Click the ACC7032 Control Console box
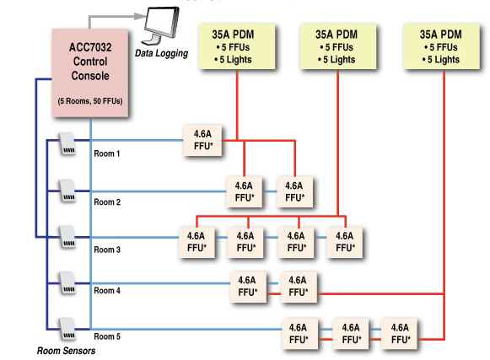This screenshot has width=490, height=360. (x=90, y=73)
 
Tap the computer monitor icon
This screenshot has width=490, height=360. (x=161, y=25)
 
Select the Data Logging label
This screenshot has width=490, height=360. (x=161, y=53)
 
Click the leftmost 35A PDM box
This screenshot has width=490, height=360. (x=237, y=46)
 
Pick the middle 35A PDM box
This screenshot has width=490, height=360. (x=338, y=46)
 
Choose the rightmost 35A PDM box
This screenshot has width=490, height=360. (x=442, y=46)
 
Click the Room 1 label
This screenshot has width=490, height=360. (x=107, y=153)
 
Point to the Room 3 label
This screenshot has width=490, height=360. (x=107, y=250)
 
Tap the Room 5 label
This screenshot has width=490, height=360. (x=107, y=336)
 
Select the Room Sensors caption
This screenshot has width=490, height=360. (x=67, y=351)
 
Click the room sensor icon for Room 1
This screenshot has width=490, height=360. (x=67, y=144)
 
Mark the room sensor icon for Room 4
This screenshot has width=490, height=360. (x=67, y=283)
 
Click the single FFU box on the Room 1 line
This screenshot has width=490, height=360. (x=202, y=140)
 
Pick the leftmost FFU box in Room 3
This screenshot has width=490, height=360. (x=197, y=243)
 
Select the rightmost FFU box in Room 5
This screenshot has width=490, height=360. (x=400, y=334)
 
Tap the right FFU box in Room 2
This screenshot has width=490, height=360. (x=294, y=192)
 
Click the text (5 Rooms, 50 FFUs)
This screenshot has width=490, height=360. (x=90, y=101)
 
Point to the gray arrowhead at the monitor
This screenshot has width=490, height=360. (x=140, y=16)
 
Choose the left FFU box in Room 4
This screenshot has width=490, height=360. (x=248, y=287)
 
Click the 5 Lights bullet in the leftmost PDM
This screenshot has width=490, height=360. (x=233, y=60)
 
